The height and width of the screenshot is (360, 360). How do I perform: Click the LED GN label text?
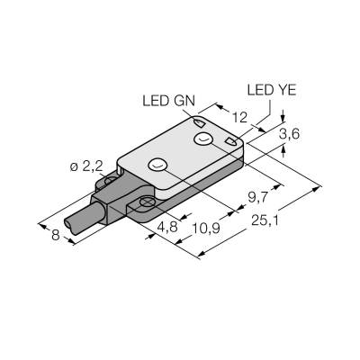(x=168, y=101)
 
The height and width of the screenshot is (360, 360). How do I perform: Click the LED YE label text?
(x=272, y=90)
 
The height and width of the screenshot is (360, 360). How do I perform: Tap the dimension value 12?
(x=239, y=117)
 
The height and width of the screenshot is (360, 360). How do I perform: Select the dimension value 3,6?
(x=289, y=135)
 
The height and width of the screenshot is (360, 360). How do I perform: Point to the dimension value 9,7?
(x=257, y=198)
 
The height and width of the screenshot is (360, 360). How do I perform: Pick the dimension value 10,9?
(x=206, y=229)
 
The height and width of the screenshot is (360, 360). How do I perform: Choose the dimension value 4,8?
(x=168, y=227)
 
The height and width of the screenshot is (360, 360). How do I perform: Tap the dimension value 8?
(x=56, y=236)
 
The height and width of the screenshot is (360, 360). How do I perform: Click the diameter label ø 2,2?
(x=86, y=166)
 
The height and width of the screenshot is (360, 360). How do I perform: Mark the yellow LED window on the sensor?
(x=231, y=141)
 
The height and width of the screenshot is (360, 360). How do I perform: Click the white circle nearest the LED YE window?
(x=203, y=139)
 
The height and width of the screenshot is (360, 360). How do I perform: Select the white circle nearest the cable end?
(x=157, y=164)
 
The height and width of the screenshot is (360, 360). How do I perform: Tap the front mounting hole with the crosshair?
(x=147, y=202)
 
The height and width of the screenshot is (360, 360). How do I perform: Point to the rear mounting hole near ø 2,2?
(x=112, y=180)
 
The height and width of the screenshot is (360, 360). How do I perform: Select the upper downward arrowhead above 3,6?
(x=283, y=118)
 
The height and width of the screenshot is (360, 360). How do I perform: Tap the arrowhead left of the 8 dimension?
(x=42, y=226)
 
